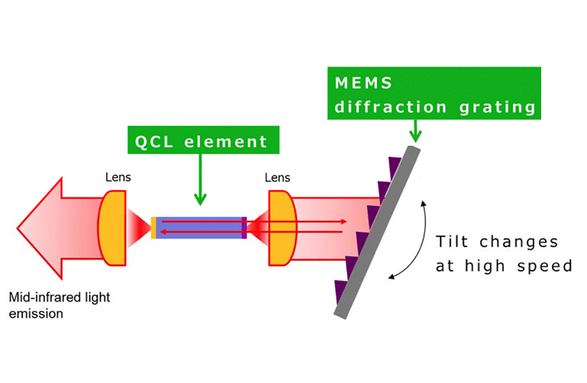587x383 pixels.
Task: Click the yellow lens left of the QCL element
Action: click(112, 227)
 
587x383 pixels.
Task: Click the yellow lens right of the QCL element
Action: click(282, 227)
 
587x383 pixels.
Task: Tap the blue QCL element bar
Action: click(198, 227)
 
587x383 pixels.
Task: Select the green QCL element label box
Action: click(200, 141)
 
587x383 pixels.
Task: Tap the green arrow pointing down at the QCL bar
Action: click(200, 183)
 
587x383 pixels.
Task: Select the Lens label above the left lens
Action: click(118, 178)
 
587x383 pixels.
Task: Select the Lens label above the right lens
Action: click(278, 178)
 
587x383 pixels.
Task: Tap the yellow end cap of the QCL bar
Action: click(153, 227)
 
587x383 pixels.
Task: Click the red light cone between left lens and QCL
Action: click(139, 227)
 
